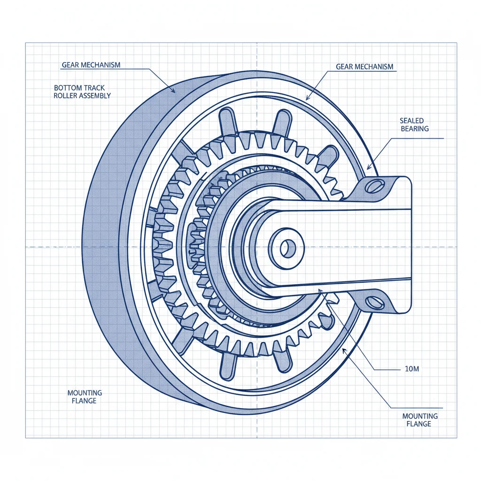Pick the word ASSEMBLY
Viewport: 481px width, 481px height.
pos(96,95)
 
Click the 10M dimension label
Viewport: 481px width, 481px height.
pos(411,369)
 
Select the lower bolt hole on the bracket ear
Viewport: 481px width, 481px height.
pos(376,302)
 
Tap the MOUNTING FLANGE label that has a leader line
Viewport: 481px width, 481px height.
pos(420,420)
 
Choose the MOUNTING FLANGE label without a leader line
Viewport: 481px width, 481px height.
pos(85,396)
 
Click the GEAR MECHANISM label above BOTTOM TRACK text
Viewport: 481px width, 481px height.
pos(91,65)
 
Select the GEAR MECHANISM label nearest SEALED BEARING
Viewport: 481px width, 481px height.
pos(365,67)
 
